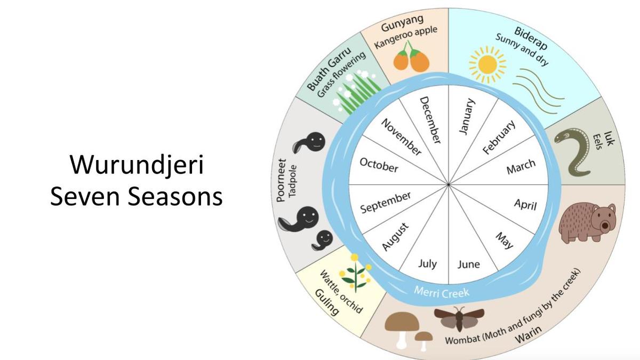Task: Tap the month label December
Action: pos(430,120)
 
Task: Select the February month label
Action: pos(499,137)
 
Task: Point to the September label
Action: pos(386,203)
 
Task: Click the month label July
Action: pos(427,263)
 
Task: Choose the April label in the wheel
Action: pos(525,205)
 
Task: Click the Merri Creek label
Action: pos(442,292)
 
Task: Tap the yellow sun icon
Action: pos(487,65)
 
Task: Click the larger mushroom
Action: pos(402,329)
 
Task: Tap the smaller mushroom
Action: pos(423,341)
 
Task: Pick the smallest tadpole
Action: pos(322,241)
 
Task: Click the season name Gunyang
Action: pos(402,23)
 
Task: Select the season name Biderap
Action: pos(531,38)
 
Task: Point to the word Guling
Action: pos(326,302)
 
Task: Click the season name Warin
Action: pos(528,334)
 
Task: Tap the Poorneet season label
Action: pos(282,180)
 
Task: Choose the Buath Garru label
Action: pos(329,69)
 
